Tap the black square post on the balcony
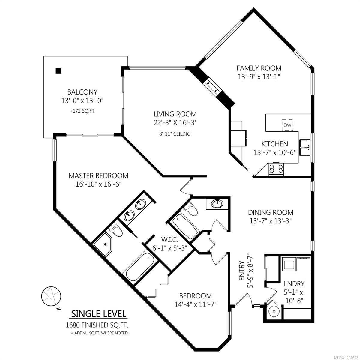click(58, 71)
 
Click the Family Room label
click(259, 68)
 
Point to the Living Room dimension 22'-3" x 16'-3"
click(175, 122)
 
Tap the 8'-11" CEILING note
click(175, 134)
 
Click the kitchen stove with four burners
click(276, 169)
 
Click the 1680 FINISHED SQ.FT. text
click(99, 325)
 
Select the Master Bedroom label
click(98, 175)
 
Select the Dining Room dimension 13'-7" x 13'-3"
click(270, 221)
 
